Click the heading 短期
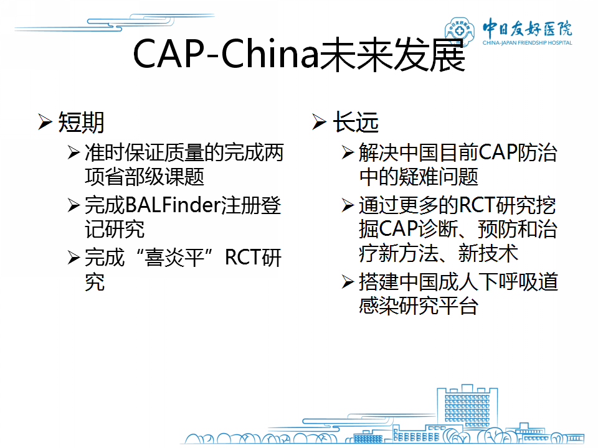(81, 123)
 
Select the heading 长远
(356, 123)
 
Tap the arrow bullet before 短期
(45, 122)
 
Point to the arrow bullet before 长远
(319, 122)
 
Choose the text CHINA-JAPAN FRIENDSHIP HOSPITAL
(527, 43)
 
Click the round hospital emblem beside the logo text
(459, 30)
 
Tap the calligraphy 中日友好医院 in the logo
(527, 28)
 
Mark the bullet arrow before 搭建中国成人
(348, 282)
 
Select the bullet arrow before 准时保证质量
(74, 152)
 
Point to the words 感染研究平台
(419, 306)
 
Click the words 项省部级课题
(145, 177)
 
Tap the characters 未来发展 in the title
(392, 55)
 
